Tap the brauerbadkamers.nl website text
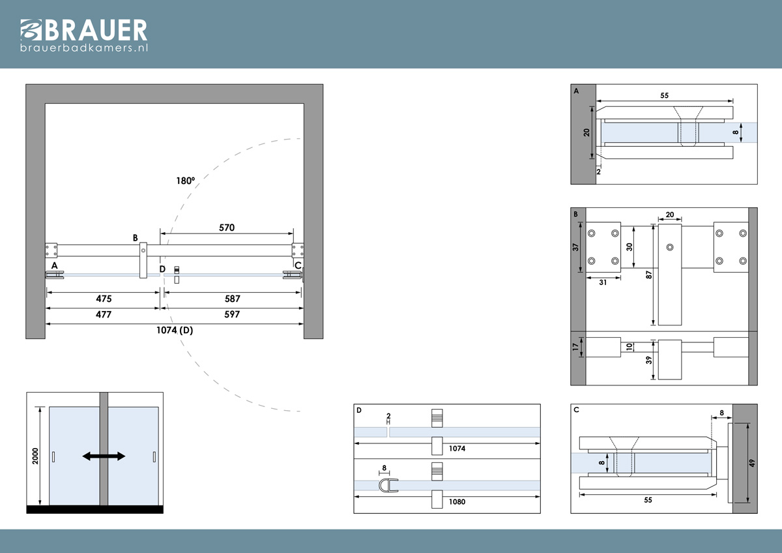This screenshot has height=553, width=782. [x=84, y=48]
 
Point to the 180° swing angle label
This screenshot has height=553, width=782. [x=185, y=181]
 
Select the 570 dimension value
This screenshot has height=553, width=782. [x=227, y=228]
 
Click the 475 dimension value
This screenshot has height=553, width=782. [x=104, y=299]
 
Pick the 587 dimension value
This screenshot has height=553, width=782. [x=232, y=299]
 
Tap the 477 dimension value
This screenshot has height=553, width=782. [x=104, y=314]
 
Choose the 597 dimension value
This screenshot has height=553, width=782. [x=232, y=314]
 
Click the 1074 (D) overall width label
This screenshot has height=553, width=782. [x=175, y=330]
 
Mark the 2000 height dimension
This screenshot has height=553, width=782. [x=35, y=456]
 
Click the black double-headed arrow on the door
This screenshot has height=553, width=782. [x=104, y=456]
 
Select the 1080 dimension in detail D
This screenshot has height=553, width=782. [x=457, y=501]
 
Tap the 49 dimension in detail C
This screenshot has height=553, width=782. [x=752, y=463]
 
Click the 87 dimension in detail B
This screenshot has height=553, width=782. [x=648, y=275]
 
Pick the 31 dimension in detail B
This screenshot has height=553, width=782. [x=603, y=282]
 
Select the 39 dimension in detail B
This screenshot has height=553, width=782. [x=648, y=360]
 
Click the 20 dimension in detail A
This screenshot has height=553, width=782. [x=586, y=132]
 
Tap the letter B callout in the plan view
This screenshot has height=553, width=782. [x=136, y=238]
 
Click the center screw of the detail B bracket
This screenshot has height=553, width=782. [x=670, y=247]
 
